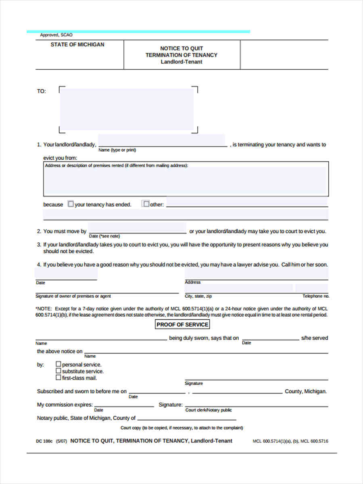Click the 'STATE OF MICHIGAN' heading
click(77, 45)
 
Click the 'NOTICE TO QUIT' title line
click(181, 48)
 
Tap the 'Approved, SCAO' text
click(56, 35)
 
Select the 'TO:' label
click(42, 91)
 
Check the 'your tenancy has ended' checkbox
click(71, 204)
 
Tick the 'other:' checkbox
click(146, 204)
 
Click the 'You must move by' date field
click(137, 228)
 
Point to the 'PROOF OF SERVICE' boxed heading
click(182, 325)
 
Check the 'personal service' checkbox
click(58, 364)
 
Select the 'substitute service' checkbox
click(58, 371)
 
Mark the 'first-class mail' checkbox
click(58, 378)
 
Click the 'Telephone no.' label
click(316, 296)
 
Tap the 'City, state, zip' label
click(198, 296)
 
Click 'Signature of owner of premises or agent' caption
click(73, 296)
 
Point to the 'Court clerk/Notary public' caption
click(208, 410)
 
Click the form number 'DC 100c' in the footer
click(44, 441)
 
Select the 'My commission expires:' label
click(65, 405)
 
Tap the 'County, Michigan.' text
click(306, 391)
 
